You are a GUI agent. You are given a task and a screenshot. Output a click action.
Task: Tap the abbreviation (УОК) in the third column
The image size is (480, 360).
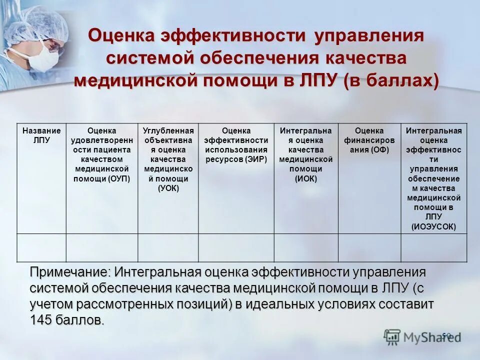[168, 188]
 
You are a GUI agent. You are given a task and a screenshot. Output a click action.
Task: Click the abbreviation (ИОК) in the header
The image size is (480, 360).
[306, 178]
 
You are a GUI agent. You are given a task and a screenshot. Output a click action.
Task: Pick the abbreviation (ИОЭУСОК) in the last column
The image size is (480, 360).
[433, 226]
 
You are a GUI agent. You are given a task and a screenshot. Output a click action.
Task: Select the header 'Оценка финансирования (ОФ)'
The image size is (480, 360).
[369, 140]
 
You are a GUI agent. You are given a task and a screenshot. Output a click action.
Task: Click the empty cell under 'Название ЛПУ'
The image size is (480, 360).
[41, 248]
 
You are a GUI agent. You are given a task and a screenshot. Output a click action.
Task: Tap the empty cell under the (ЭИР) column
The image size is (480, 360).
[236, 248]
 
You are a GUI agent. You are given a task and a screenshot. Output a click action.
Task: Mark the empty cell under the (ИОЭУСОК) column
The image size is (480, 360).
[434, 248]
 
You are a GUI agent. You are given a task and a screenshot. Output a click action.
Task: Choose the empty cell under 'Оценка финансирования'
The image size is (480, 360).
[369, 248]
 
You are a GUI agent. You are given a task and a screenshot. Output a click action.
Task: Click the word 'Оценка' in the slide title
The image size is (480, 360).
[122, 36]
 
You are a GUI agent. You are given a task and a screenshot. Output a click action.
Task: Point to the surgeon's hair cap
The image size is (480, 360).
[35, 22]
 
